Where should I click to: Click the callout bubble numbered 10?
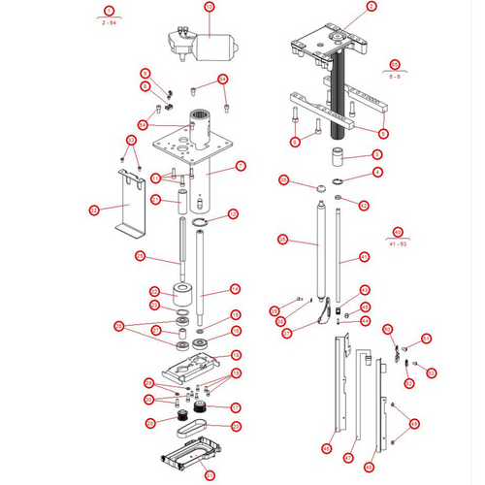[208, 7]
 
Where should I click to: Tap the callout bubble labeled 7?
[241, 166]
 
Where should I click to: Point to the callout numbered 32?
[94, 209]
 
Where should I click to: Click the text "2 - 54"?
[110, 20]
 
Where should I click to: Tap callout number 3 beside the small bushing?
[378, 154]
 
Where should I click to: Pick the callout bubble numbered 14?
[234, 289]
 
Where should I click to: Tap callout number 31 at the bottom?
[209, 474]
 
